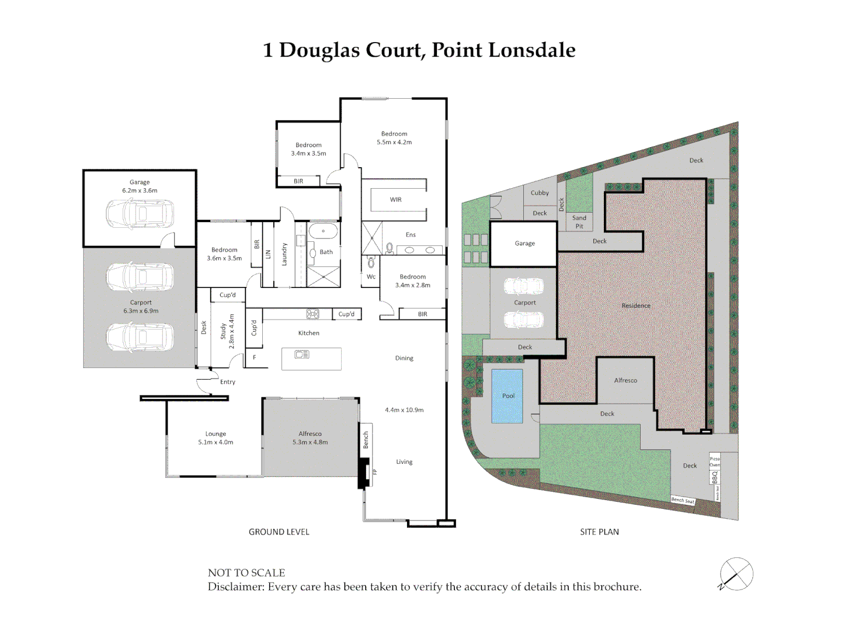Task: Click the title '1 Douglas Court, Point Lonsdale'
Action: coord(419,50)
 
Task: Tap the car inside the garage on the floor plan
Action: coord(140,213)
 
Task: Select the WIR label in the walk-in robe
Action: coord(395,200)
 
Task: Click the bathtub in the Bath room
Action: coord(323,231)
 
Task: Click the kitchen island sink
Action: coord(302,354)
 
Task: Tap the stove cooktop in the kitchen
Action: coord(312,314)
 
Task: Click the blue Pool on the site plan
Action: coord(507,396)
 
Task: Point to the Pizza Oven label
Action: coord(714,462)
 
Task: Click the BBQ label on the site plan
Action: coord(714,477)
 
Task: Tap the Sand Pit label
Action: coord(579,222)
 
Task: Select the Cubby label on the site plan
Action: coord(540,193)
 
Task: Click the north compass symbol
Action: coord(736,574)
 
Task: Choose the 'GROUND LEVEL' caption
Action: coord(279,532)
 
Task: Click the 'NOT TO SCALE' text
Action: coord(246,573)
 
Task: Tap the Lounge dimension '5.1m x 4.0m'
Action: coord(216,442)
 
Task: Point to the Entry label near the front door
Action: coord(228,382)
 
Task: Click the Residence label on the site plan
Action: coord(635,306)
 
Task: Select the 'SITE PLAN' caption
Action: coord(599,532)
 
